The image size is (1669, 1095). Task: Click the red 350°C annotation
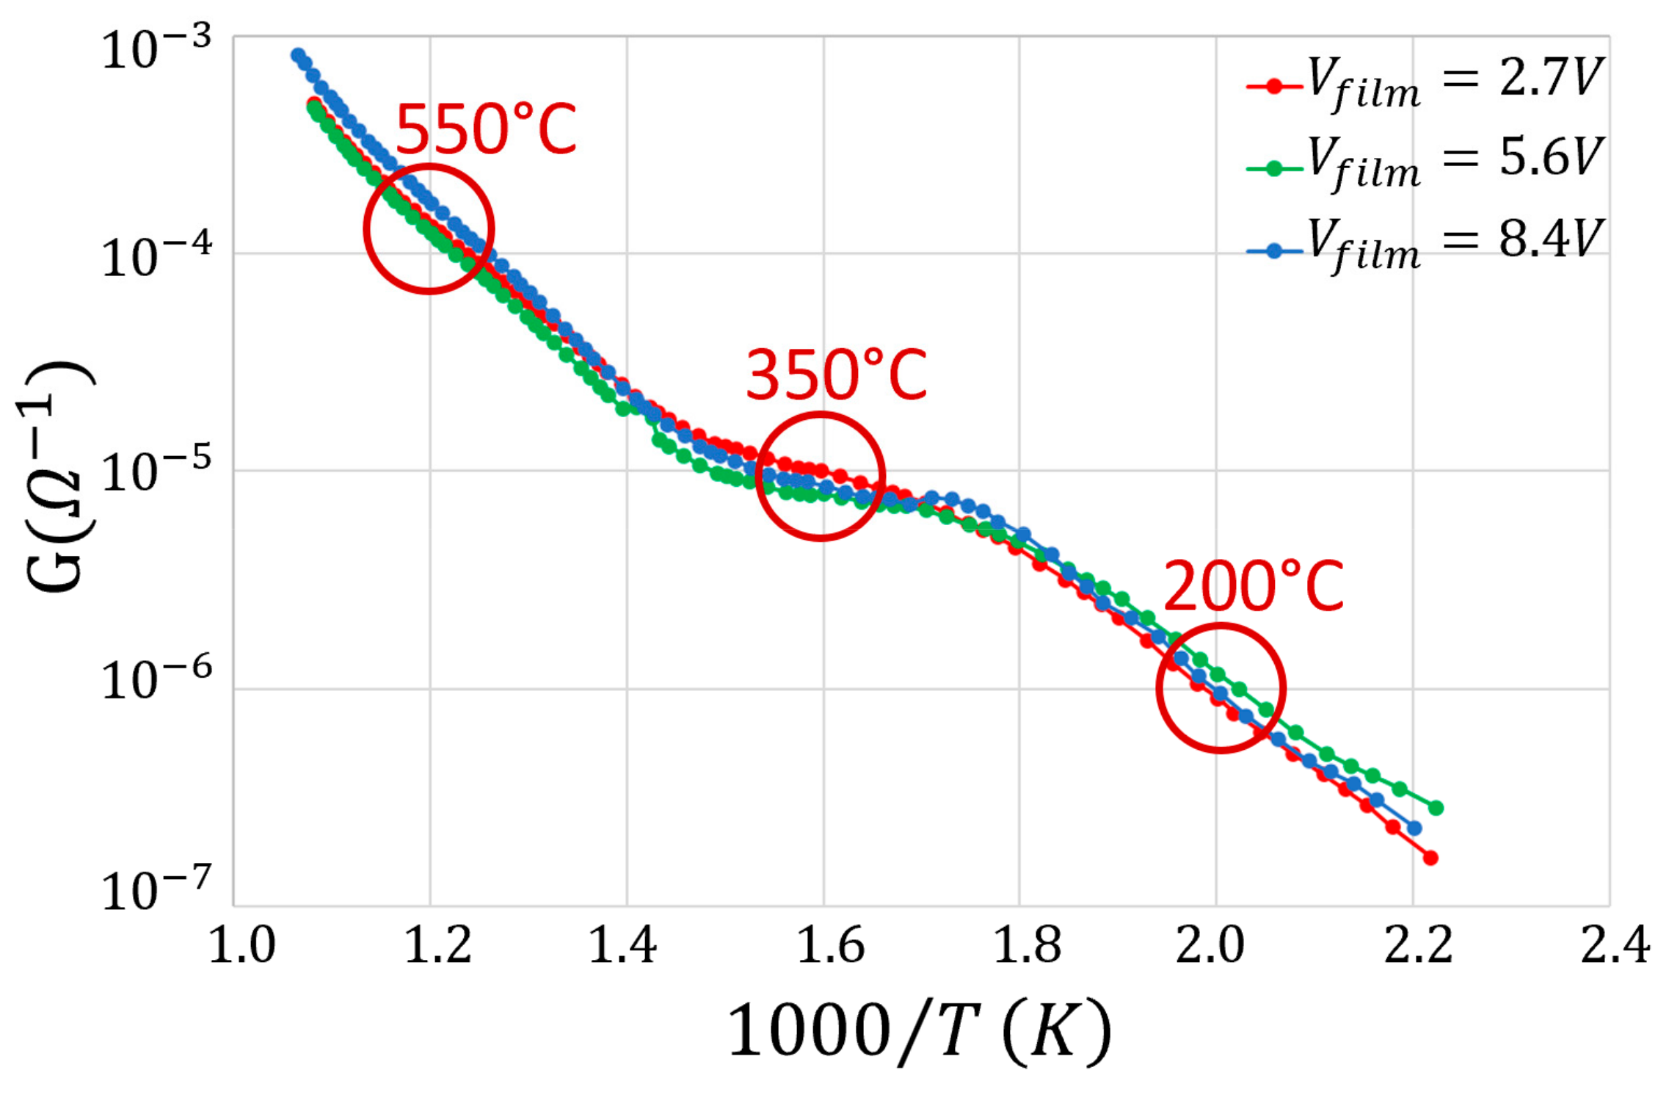coord(836,375)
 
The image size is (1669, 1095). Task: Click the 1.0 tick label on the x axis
coord(242,947)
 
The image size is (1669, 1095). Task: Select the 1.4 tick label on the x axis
coord(623,947)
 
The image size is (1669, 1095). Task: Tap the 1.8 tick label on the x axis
coord(1027,947)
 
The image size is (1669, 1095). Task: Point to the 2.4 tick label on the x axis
coord(1615,947)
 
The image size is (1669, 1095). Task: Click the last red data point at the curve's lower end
coord(1430,858)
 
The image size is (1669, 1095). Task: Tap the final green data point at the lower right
coord(1436,808)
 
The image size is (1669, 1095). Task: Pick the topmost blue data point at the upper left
coord(297,55)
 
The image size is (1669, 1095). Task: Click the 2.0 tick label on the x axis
coord(1210,947)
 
